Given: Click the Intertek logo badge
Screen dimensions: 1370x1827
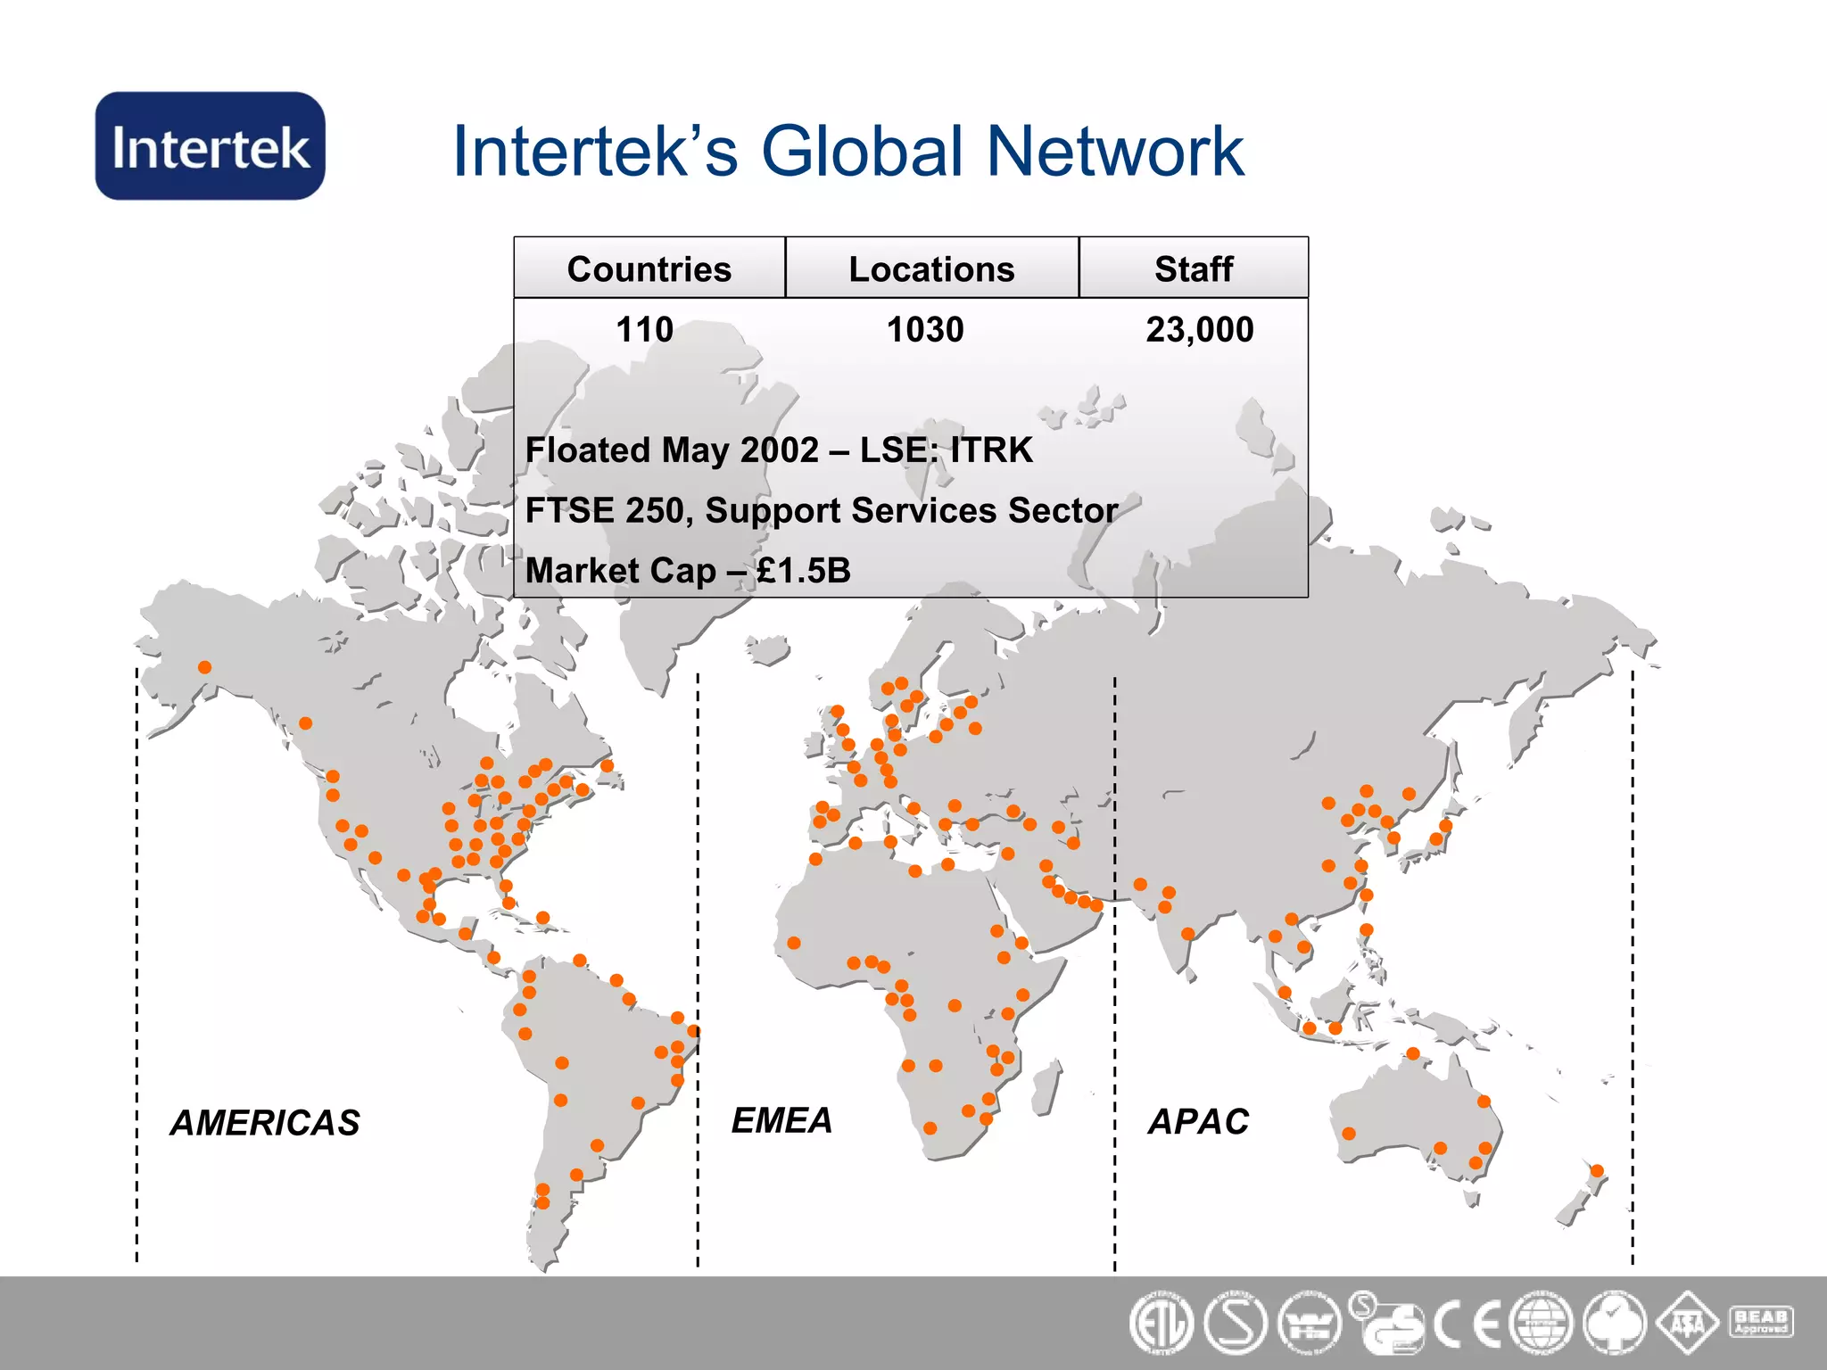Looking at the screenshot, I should tap(210, 146).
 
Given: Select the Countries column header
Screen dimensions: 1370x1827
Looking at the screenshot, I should tap(649, 269).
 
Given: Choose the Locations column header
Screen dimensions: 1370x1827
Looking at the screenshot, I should tap(931, 269).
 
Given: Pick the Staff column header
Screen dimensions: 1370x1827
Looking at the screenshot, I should tap(1194, 269).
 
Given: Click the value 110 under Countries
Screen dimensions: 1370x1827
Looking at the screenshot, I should tap(644, 330).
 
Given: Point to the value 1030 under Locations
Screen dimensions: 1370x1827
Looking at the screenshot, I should tap(925, 330).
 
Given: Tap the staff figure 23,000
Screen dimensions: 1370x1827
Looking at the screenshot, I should tap(1200, 330).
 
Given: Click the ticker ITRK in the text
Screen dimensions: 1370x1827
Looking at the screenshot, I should tap(991, 450).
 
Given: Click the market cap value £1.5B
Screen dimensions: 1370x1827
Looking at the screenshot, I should tap(804, 571).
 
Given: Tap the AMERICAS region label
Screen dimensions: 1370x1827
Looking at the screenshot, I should tap(265, 1123).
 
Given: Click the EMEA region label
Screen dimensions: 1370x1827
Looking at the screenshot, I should tap(781, 1120).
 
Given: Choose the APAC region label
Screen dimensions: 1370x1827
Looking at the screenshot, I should tap(1198, 1122).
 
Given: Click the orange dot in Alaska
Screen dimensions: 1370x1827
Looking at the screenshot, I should tap(205, 667).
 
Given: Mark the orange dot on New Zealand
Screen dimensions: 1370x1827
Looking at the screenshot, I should tap(1597, 1171).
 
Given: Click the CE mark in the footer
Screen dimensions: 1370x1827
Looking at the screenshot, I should tap(1467, 1324).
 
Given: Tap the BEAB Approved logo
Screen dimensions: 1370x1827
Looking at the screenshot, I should tap(1760, 1322).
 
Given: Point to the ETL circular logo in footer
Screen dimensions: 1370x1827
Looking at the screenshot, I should tap(1161, 1324).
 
